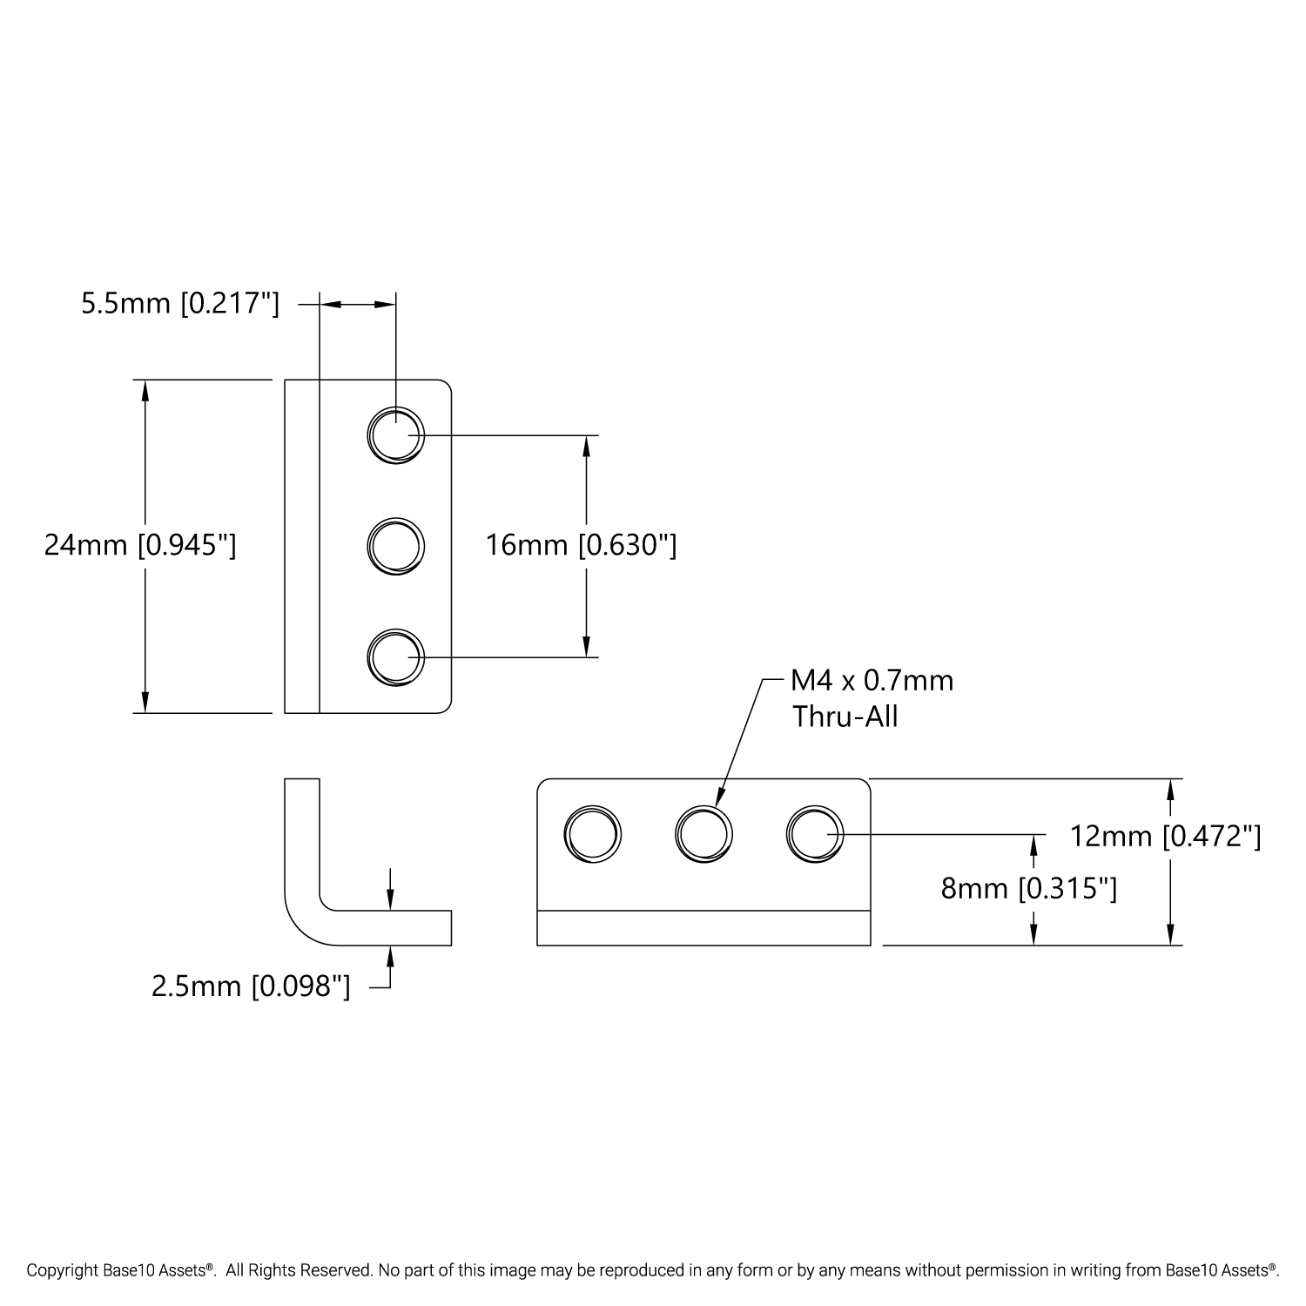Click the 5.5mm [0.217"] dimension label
pyautogui.click(x=180, y=304)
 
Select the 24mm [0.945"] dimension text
pyautogui.click(x=140, y=546)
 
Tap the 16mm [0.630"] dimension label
pyautogui.click(x=581, y=546)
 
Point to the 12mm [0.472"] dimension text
pyautogui.click(x=1165, y=837)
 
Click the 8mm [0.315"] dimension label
pyautogui.click(x=1029, y=889)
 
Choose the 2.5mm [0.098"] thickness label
pyautogui.click(x=251, y=986)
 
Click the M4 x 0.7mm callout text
pyautogui.click(x=872, y=680)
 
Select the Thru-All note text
pyautogui.click(x=845, y=717)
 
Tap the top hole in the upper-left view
pyautogui.click(x=395, y=434)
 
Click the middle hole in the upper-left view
pyautogui.click(x=395, y=546)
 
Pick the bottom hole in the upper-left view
pyautogui.click(x=395, y=656)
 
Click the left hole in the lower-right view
pyautogui.click(x=592, y=835)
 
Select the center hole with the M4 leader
pyautogui.click(x=703, y=835)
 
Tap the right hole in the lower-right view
pyautogui.click(x=814, y=835)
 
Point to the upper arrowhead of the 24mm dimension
pyautogui.click(x=145, y=391)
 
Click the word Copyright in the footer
pyautogui.click(x=59, y=1270)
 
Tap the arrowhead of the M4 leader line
pyautogui.click(x=720, y=799)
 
